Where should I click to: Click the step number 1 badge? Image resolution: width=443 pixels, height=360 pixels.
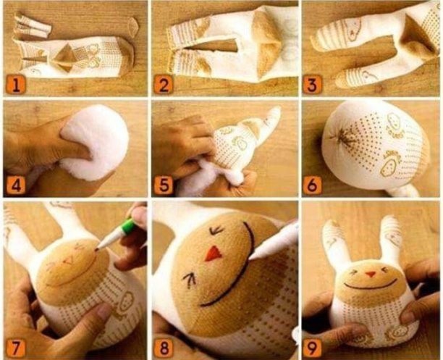click(16, 85)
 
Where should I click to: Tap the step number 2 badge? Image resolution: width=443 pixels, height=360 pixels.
click(164, 85)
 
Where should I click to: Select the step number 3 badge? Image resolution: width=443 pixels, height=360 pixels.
click(312, 85)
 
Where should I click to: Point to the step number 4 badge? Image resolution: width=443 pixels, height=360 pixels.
click(16, 185)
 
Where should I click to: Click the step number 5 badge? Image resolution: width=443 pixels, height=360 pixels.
click(164, 185)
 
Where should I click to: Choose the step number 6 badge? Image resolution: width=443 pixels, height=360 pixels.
click(312, 185)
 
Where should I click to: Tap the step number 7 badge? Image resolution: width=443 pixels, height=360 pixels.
click(16, 347)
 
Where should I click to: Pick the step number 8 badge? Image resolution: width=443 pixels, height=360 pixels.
click(164, 347)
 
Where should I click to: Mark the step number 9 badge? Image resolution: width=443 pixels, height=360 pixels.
click(312, 347)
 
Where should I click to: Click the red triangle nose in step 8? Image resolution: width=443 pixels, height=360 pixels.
click(214, 254)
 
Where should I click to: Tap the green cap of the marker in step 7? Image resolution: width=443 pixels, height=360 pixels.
click(128, 225)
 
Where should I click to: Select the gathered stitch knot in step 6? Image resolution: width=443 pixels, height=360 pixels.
click(343, 138)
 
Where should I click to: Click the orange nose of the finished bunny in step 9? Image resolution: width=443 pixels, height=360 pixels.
click(370, 274)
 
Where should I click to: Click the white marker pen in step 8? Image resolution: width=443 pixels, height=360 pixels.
click(274, 241)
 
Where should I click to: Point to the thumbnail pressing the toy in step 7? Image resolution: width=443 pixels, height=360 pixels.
click(103, 310)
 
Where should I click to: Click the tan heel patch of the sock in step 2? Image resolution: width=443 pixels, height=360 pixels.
click(265, 43)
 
